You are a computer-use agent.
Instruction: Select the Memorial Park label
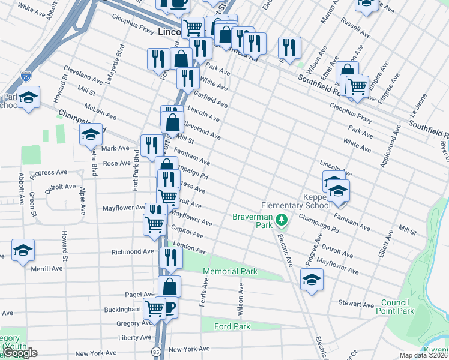coord(230,272)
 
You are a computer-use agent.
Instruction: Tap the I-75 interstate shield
coord(25,76)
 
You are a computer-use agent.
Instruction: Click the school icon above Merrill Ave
coord(23,250)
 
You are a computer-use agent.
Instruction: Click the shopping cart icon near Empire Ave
coord(357,86)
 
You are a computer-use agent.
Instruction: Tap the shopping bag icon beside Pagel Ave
coord(169,286)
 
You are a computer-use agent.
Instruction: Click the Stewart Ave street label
coord(356,304)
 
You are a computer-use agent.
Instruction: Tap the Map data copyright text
coord(424,355)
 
